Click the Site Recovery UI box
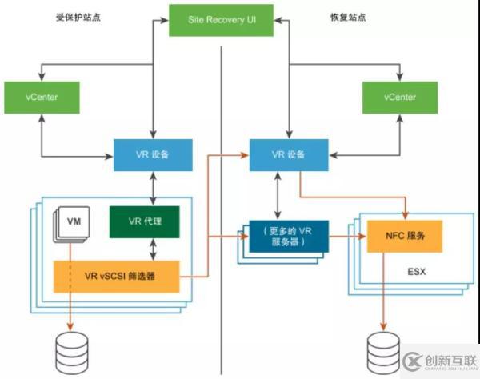pyautogui.click(x=221, y=20)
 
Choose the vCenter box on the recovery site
pyautogui.click(x=399, y=97)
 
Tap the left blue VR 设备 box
pyautogui.click(x=152, y=154)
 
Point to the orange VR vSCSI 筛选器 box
pyautogui.click(x=120, y=275)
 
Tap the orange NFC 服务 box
pyautogui.click(x=403, y=237)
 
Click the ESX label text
pyautogui.click(x=416, y=271)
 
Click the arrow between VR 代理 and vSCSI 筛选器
pyautogui.click(x=152, y=249)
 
